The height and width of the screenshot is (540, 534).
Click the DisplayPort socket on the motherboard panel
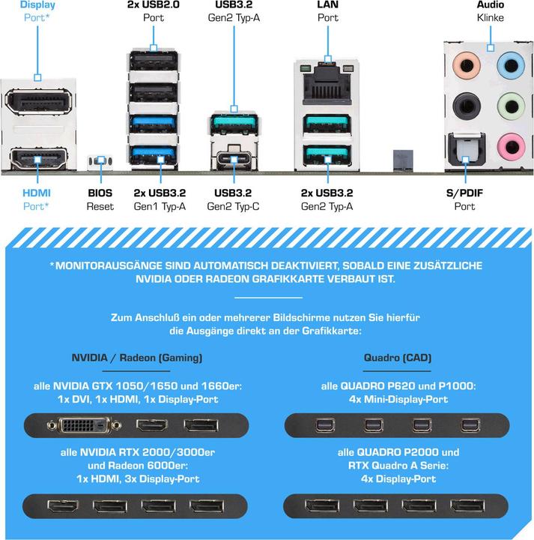coord(38,101)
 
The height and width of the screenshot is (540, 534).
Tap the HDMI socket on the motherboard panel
coord(38,159)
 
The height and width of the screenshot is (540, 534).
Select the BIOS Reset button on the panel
coord(100,160)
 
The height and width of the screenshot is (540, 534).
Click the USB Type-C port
coord(234,160)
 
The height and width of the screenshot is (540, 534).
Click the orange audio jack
coord(467,64)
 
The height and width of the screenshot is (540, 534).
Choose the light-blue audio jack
coord(511,64)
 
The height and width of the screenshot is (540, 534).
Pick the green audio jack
coord(512,106)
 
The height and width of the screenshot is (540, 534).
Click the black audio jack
coord(467,106)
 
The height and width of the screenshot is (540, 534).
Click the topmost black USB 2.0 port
coord(154,61)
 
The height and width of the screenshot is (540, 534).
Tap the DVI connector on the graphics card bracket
coord(84,426)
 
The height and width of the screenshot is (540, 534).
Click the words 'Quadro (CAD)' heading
coord(398,358)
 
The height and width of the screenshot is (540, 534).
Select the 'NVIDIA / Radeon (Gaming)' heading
coord(137,358)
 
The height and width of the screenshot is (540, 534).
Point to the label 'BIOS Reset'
coord(100,199)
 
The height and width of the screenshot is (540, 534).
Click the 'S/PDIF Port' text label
coord(464,199)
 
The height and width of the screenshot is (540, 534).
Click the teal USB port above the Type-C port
coord(234,123)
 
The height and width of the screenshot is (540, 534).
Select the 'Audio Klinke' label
coord(491,11)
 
